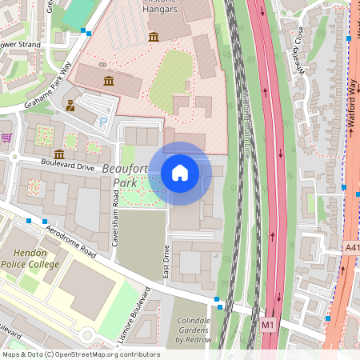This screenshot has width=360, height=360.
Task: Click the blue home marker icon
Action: pos(180,173)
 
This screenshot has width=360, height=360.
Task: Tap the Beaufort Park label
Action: pos(125,175)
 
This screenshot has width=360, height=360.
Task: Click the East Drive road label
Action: pos(166,262)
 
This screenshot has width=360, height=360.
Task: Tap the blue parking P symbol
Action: pos(102,121)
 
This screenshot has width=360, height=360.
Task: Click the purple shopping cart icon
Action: pos(6,137)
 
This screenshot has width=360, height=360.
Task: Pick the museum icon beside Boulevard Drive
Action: pos(59,154)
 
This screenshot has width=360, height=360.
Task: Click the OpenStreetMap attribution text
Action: pos(80,354)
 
